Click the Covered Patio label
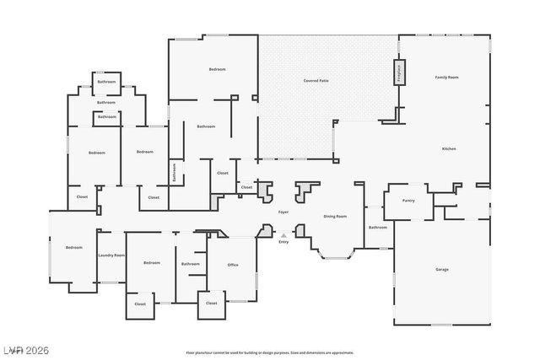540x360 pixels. (316, 80)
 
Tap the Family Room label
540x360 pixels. (446, 77)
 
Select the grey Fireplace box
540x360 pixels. (399, 73)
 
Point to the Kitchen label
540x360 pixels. (449, 149)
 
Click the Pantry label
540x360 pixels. (408, 201)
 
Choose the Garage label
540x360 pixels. (441, 269)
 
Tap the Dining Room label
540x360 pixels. (335, 216)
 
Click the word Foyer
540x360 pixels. (284, 212)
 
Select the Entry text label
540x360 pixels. (283, 242)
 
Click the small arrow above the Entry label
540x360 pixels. (283, 235)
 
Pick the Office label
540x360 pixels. (233, 265)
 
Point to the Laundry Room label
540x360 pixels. (111, 255)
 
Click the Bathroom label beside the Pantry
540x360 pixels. (378, 227)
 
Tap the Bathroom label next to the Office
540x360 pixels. (191, 264)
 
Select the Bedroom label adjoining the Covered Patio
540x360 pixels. (218, 69)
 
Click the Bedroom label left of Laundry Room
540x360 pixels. (74, 247)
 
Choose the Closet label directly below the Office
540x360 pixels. (211, 303)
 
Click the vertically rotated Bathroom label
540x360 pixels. (175, 172)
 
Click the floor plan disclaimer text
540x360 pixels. (270, 352)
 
